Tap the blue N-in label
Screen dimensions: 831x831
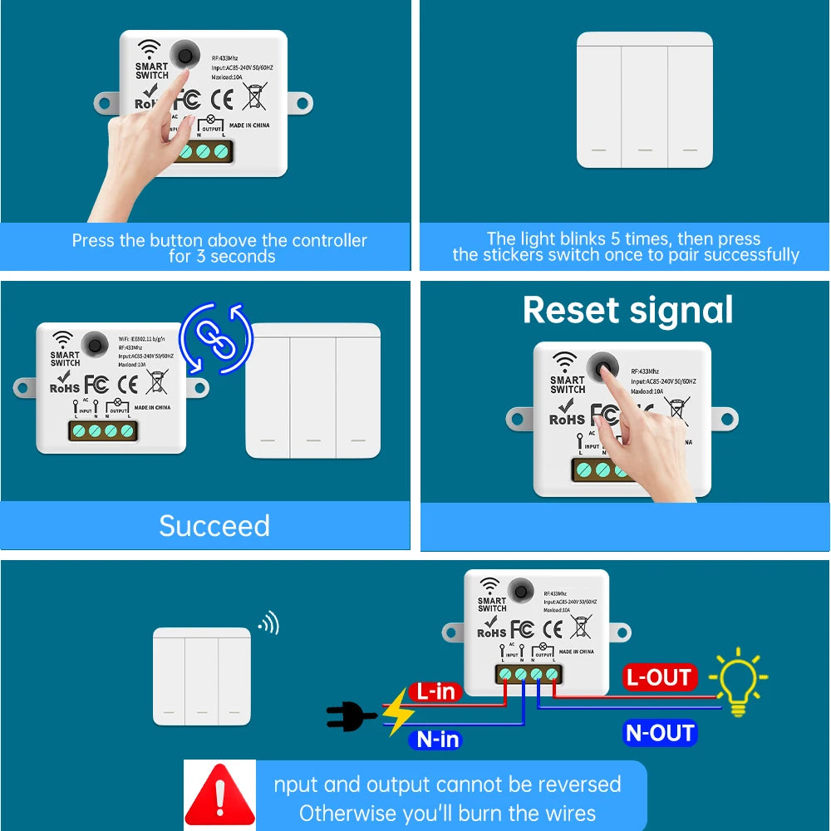point(438,739)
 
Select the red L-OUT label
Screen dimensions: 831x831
point(659,677)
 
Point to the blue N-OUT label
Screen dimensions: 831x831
point(659,733)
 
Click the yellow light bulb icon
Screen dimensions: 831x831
point(738,681)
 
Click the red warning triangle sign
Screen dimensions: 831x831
point(219,794)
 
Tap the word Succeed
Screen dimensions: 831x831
point(214,526)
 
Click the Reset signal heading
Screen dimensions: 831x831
point(627,310)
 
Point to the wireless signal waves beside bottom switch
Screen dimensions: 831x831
point(268,623)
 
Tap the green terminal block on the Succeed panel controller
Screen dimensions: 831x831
point(103,430)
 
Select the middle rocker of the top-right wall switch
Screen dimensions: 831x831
point(644,100)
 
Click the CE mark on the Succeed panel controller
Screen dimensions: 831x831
point(127,384)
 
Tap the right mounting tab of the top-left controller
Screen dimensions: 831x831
point(301,104)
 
